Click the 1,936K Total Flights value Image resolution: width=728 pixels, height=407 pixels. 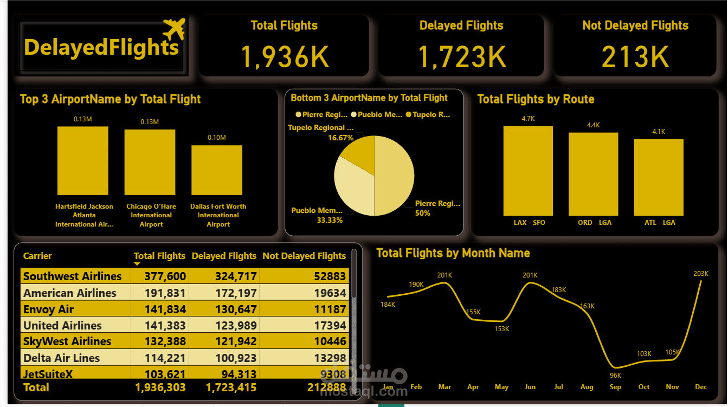(x=284, y=56)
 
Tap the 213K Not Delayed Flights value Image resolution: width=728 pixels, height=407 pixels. (x=635, y=56)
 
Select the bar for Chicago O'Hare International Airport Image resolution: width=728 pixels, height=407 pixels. (x=150, y=162)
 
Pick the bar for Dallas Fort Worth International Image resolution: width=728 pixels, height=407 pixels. (x=217, y=170)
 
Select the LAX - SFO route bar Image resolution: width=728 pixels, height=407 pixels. (x=528, y=171)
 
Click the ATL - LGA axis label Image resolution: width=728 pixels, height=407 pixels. (x=660, y=222)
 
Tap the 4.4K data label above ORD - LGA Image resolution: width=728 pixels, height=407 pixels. (x=594, y=125)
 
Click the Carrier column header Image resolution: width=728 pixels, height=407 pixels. (x=37, y=256)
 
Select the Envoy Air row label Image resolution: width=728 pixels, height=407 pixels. (x=48, y=309)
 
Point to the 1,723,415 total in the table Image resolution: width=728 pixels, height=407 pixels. (x=231, y=387)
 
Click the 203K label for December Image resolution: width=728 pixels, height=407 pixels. (x=700, y=274)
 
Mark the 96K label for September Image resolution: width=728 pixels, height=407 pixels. (x=615, y=376)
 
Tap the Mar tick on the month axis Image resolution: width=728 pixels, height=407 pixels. (x=444, y=387)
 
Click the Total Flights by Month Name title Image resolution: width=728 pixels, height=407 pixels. (x=453, y=253)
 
